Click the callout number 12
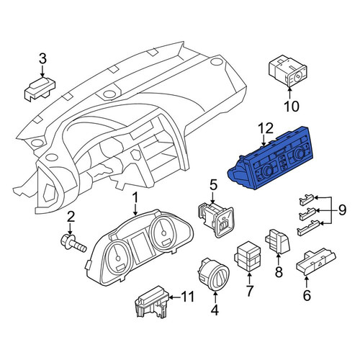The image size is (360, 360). [266, 128]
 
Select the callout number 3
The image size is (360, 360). [42, 59]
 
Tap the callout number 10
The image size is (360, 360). [292, 106]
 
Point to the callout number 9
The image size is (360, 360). [342, 210]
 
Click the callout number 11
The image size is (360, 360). [187, 297]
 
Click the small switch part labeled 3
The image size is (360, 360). [40, 89]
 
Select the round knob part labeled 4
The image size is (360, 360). [213, 274]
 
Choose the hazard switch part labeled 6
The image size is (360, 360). [316, 263]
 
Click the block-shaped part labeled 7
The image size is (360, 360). [248, 257]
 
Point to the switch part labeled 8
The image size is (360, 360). [278, 241]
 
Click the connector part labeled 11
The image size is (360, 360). [153, 302]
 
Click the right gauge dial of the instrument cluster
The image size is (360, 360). [163, 233]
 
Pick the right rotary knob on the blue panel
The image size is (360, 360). [299, 152]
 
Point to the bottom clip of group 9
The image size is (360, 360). [308, 228]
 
